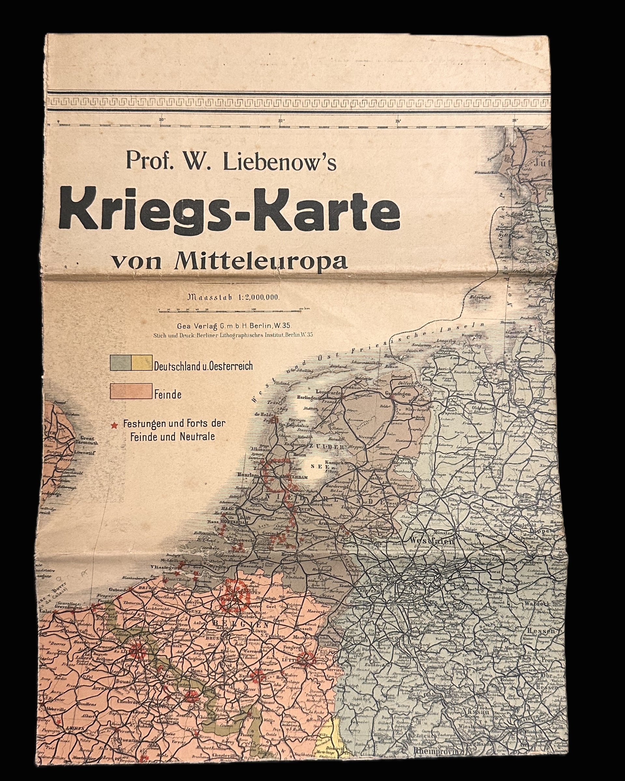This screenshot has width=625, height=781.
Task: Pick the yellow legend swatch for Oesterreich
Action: coord(142,363)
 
